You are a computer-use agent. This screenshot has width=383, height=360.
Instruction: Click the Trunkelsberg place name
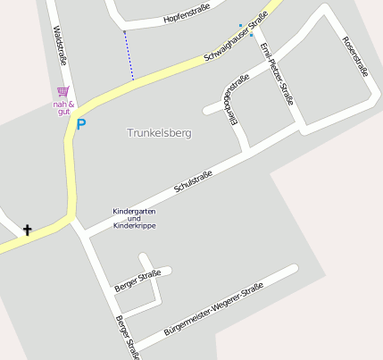(160, 132)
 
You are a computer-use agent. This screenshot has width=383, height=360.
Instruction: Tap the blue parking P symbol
(81, 125)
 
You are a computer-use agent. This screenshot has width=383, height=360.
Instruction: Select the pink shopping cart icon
(62, 91)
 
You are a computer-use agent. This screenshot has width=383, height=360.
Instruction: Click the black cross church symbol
(27, 230)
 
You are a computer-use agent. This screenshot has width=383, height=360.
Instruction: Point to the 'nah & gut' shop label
(62, 109)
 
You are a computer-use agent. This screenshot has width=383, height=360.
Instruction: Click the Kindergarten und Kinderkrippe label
(134, 219)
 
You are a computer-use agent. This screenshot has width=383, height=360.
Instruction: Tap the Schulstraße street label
(193, 182)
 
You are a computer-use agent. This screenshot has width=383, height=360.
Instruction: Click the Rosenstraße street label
(355, 55)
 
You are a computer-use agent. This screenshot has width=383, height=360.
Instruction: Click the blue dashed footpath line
(129, 56)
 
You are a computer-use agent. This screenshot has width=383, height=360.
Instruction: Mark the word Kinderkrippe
(134, 226)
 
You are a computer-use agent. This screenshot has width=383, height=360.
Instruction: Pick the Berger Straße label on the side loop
(137, 280)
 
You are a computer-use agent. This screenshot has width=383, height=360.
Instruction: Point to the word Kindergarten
(134, 212)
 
